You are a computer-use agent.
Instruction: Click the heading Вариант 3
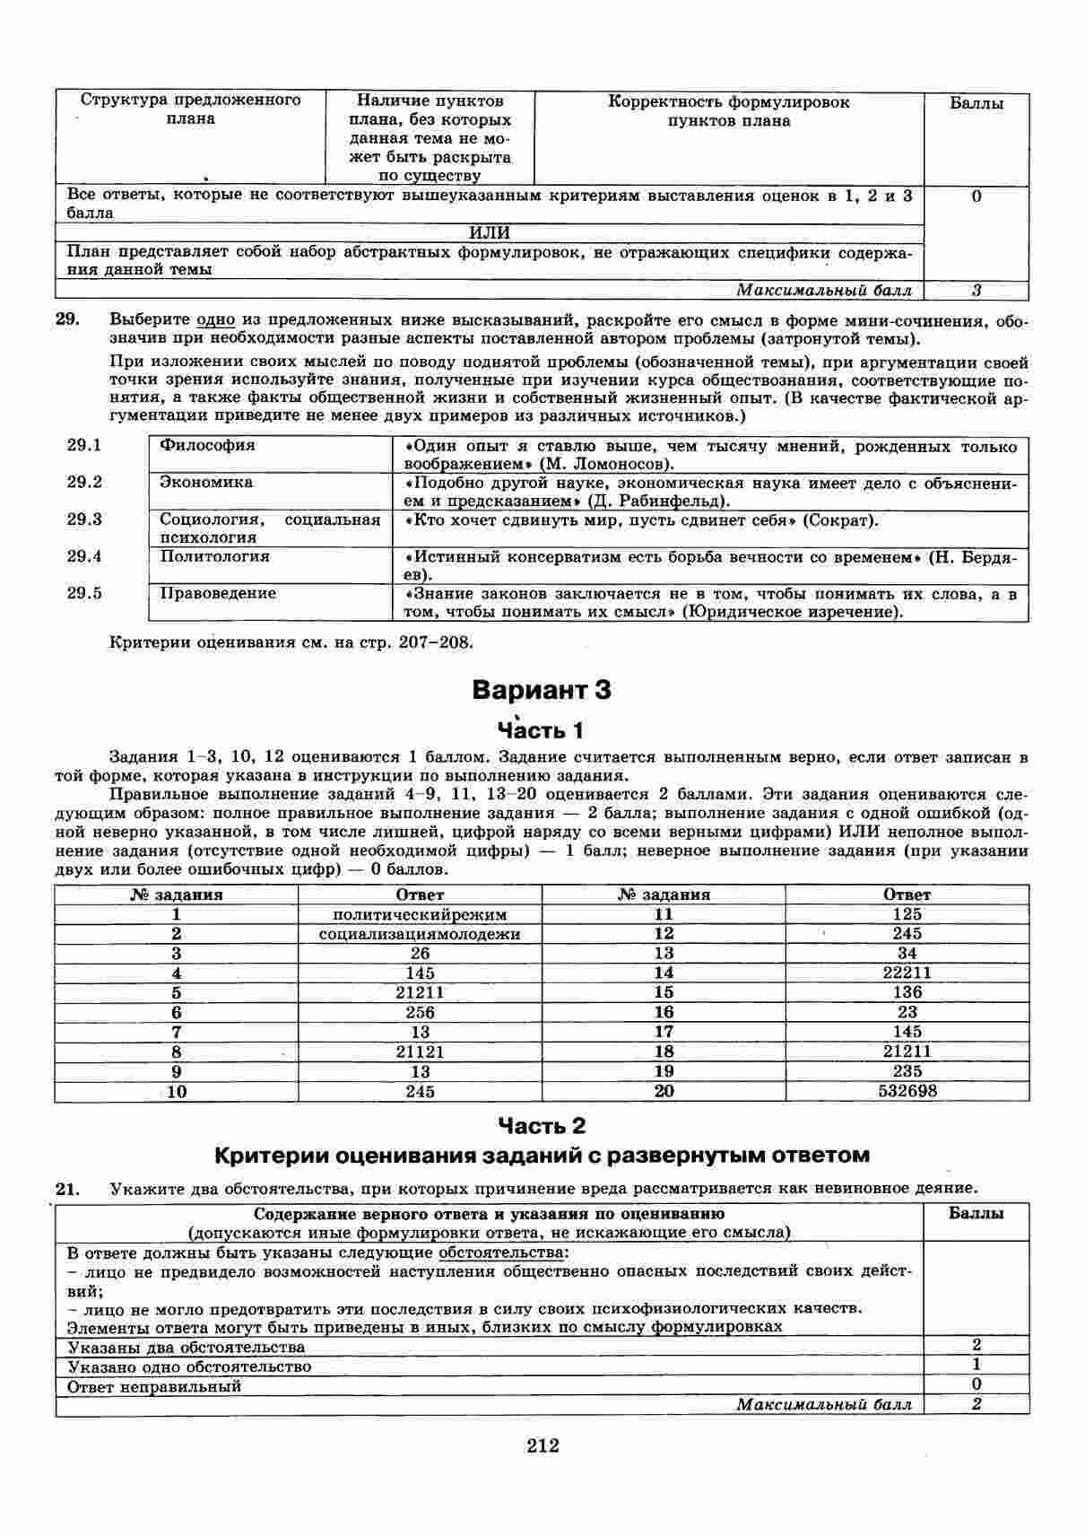point(542,690)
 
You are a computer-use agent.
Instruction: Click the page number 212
point(542,1445)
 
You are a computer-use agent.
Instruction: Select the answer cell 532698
point(907,1092)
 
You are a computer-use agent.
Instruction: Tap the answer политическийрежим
point(420,915)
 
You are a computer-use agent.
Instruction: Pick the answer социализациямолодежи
point(420,934)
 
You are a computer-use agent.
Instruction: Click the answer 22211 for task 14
point(907,973)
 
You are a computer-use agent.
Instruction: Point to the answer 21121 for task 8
point(420,1052)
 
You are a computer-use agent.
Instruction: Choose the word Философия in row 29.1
point(207,446)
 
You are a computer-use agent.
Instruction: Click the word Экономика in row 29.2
point(206,483)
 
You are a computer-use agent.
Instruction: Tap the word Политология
point(214,556)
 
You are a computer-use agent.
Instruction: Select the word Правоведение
point(218,593)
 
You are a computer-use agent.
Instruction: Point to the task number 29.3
point(84,519)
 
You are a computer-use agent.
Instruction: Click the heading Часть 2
point(542,1125)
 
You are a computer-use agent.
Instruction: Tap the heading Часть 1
point(542,729)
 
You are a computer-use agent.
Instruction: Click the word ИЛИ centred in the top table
point(490,233)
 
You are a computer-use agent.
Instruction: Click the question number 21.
point(68,1190)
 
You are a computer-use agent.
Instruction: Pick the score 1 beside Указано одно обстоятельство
point(976,1365)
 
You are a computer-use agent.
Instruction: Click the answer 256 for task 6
point(420,1012)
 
